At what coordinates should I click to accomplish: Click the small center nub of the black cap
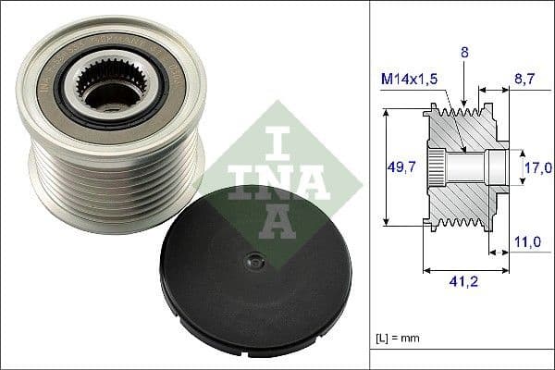[x=249, y=263]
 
